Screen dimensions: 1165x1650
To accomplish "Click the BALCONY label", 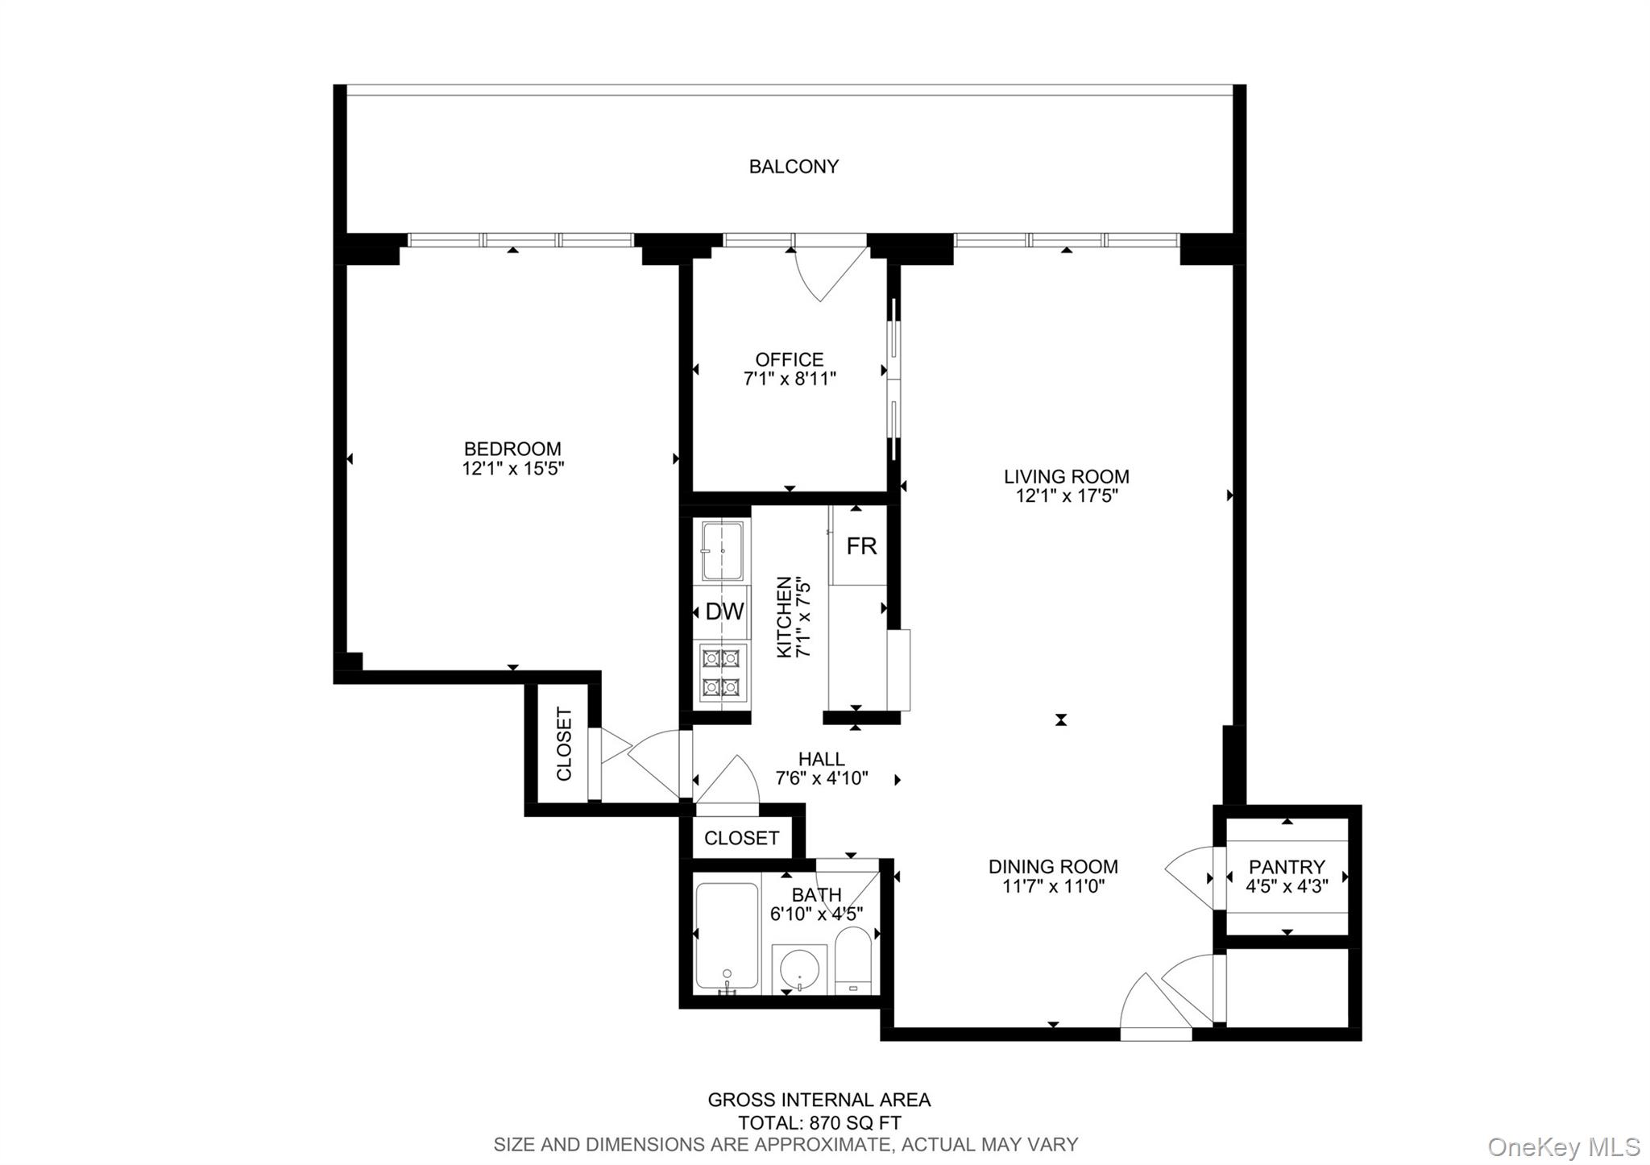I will pyautogui.click(x=794, y=167).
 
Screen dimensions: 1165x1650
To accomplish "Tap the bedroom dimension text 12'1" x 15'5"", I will pyautogui.click(x=512, y=469).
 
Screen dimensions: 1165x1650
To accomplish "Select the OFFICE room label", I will pyautogui.click(x=789, y=359).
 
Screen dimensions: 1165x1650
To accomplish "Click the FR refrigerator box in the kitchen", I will pyautogui.click(x=860, y=546).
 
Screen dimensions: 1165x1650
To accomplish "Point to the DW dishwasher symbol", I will pyautogui.click(x=723, y=612).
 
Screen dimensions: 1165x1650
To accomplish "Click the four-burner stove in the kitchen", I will pyautogui.click(x=722, y=673).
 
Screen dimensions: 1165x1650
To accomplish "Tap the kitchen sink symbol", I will pyautogui.click(x=722, y=551).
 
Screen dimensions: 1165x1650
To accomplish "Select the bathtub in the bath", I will pyautogui.click(x=727, y=937).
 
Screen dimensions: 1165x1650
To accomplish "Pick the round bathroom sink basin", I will pyautogui.click(x=798, y=969).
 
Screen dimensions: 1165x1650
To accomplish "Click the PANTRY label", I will pyautogui.click(x=1286, y=867).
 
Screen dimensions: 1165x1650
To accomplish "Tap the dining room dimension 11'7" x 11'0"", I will pyautogui.click(x=1053, y=887).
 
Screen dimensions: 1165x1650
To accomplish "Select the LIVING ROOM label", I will pyautogui.click(x=1066, y=476).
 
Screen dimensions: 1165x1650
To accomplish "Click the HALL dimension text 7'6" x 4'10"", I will pyautogui.click(x=821, y=778).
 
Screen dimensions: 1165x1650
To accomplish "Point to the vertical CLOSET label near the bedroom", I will pyautogui.click(x=564, y=744).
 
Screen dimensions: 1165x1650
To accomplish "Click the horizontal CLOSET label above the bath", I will pyautogui.click(x=741, y=838).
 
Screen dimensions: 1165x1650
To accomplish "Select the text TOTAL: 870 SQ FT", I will pyautogui.click(x=819, y=1122).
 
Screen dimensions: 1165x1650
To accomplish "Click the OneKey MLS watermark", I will pyautogui.click(x=1563, y=1146).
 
